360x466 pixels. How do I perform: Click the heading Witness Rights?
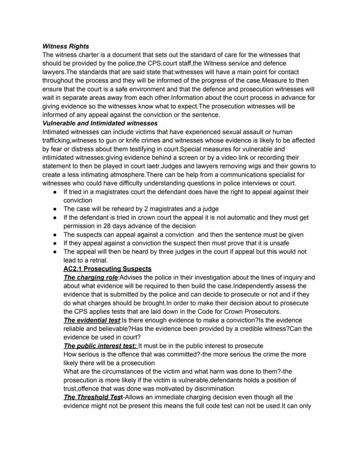pos(66,46)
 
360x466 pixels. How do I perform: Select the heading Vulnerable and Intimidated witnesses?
pos(100,124)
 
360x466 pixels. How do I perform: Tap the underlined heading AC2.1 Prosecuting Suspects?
pos(107,269)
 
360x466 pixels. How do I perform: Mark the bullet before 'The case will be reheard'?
pos(55,209)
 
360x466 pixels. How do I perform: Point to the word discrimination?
pos(211,389)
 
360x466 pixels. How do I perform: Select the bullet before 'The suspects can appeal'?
pos(55,235)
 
